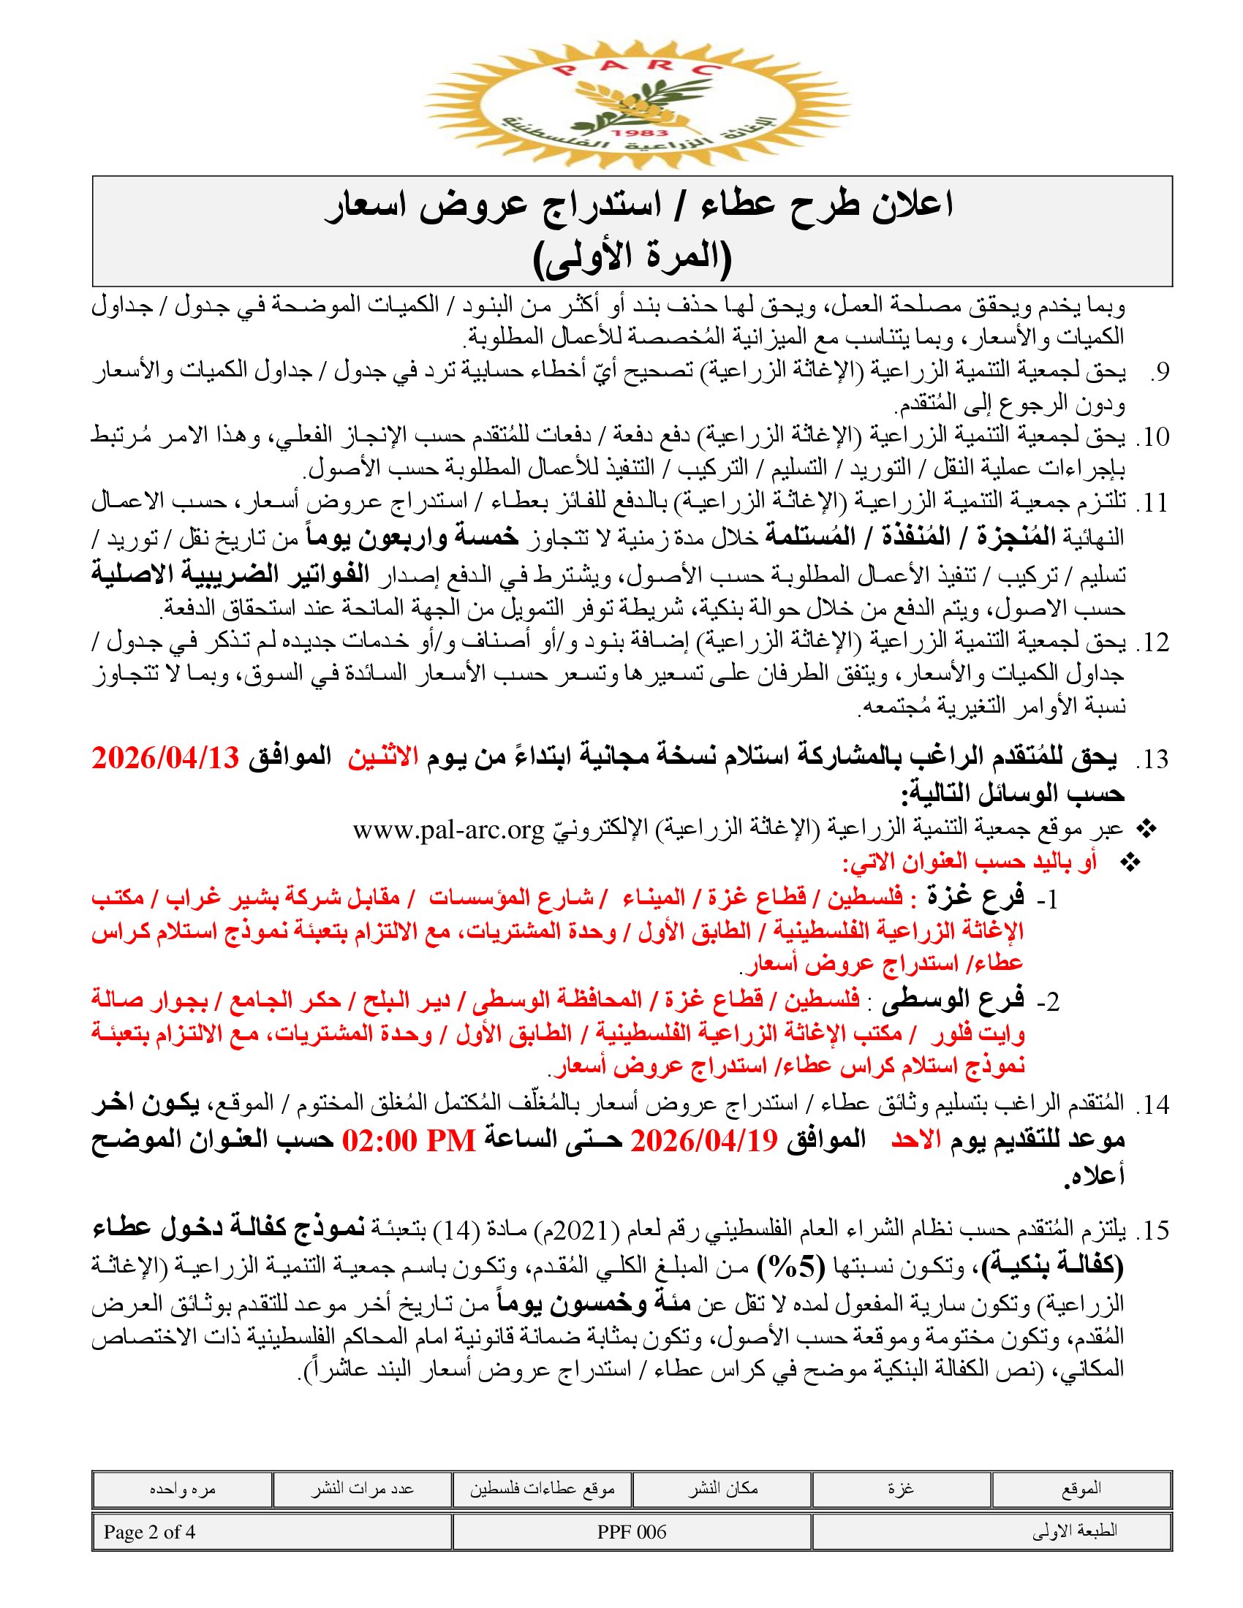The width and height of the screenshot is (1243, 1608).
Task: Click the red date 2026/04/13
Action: (x=166, y=758)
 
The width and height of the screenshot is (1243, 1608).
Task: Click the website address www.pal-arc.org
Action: (x=447, y=830)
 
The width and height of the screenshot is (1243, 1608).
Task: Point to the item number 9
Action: (x=1159, y=373)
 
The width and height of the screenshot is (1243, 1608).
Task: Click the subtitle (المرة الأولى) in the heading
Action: (x=632, y=257)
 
